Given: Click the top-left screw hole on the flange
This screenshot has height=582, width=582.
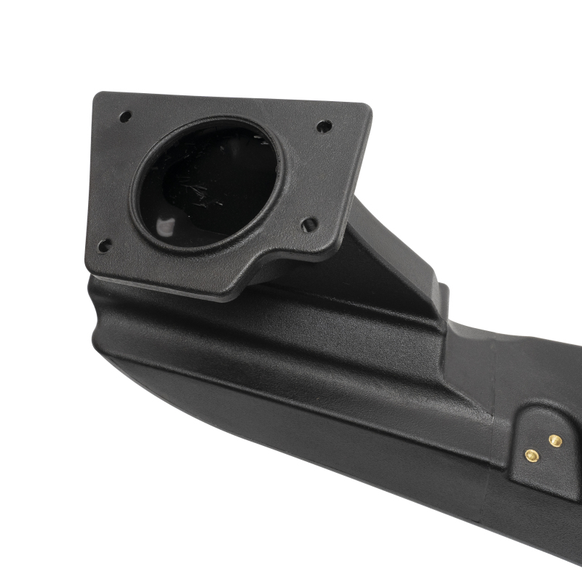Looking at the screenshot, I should pos(125,116).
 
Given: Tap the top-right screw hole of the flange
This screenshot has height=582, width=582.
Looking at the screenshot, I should pos(324,126).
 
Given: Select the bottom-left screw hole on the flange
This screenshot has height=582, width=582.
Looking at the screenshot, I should pos(105,245).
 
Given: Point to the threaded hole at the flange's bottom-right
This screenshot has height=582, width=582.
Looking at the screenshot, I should pos(309,224).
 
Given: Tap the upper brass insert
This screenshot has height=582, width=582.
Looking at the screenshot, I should pos(555,440).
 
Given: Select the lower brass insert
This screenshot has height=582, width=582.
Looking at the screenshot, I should pos(532,455).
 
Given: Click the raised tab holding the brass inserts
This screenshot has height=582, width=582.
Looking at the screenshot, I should pos(542,444).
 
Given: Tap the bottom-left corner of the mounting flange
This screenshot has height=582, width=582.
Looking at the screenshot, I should pos(90,269).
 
